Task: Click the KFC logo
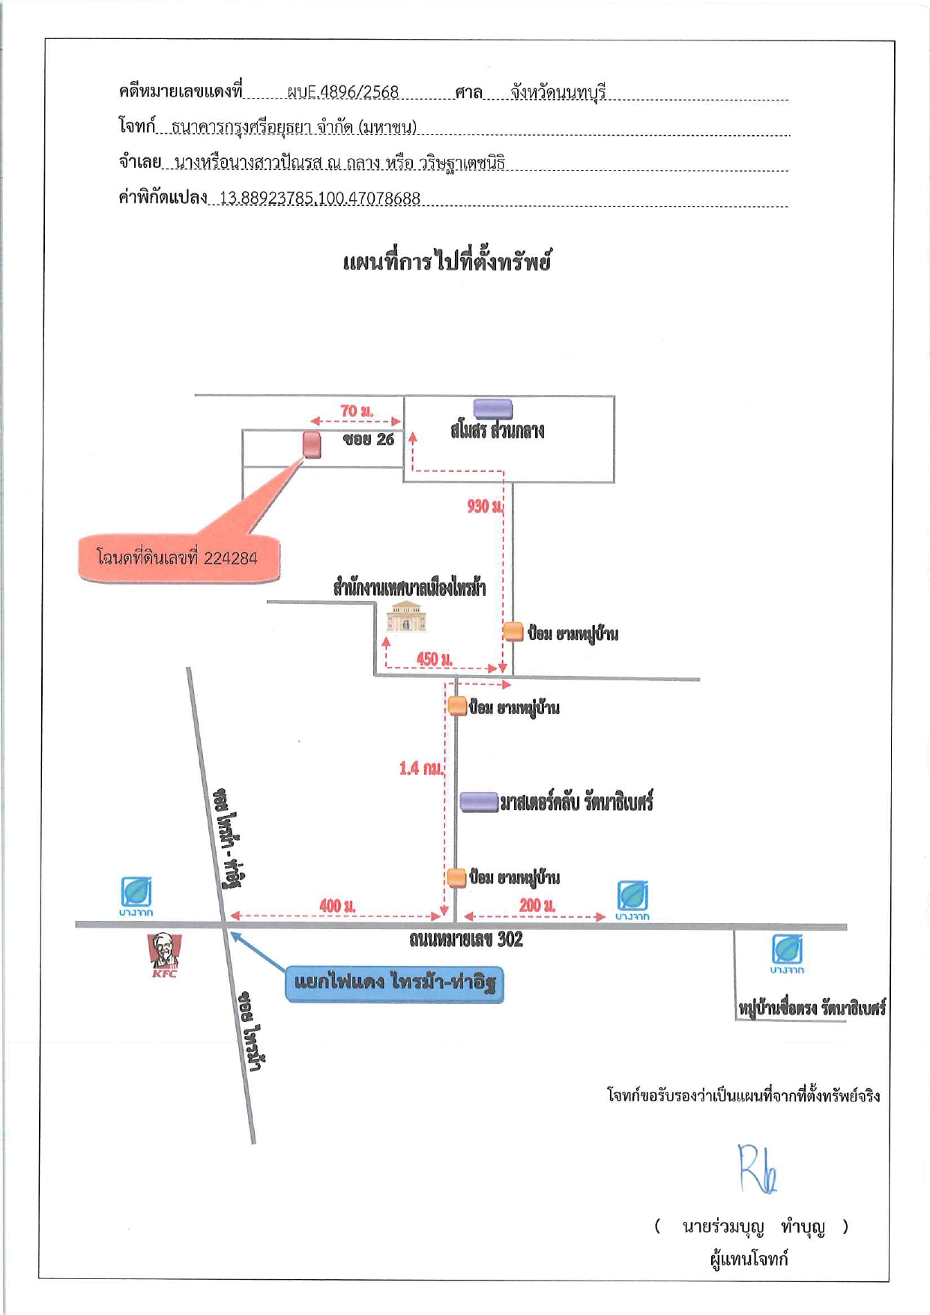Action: point(164,954)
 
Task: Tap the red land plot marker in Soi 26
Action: point(312,444)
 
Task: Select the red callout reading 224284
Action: point(179,558)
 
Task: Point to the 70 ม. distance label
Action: point(357,411)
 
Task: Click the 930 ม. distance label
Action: point(485,507)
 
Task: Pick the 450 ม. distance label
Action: point(435,659)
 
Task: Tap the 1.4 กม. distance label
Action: point(421,768)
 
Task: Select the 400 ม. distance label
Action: point(337,905)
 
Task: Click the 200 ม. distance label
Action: point(537,905)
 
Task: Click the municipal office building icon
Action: point(406,616)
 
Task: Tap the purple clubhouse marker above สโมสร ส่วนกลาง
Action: point(493,408)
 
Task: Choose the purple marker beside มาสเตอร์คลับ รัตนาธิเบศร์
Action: point(479,802)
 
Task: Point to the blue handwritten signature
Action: point(757,1168)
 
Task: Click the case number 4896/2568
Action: point(343,92)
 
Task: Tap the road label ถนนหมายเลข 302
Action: point(465,940)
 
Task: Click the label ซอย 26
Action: point(368,440)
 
